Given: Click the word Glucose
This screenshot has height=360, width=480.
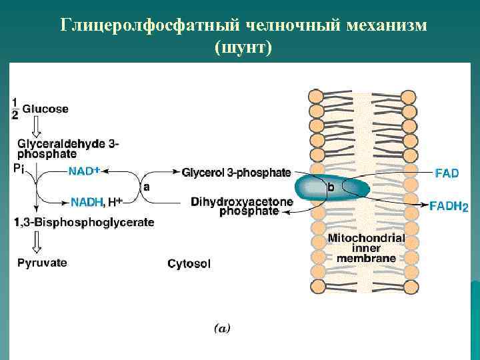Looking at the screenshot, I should (45, 109).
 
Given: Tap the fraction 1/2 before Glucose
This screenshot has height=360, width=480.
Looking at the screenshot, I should (15, 109).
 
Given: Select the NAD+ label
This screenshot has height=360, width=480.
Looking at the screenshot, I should (84, 171).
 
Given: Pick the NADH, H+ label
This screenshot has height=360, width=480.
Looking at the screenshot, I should (96, 201).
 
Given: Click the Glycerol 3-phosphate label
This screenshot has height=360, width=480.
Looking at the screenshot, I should (236, 173).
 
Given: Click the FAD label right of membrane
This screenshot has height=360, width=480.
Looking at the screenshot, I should (447, 173).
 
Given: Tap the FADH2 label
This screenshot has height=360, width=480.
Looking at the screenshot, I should (449, 207).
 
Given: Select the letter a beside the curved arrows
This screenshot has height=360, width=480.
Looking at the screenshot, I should (146, 187).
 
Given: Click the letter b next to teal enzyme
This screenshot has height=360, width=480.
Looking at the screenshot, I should (331, 188).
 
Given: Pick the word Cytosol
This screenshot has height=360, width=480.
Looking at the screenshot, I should (189, 264).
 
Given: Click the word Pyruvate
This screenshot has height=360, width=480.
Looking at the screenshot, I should (42, 263).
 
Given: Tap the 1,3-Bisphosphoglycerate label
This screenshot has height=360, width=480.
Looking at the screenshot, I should (84, 222).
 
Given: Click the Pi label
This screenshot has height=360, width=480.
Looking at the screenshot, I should (18, 169).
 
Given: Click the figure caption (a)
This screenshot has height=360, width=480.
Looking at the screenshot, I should (221, 328).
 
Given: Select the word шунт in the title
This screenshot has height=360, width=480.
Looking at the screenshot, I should (243, 49).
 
